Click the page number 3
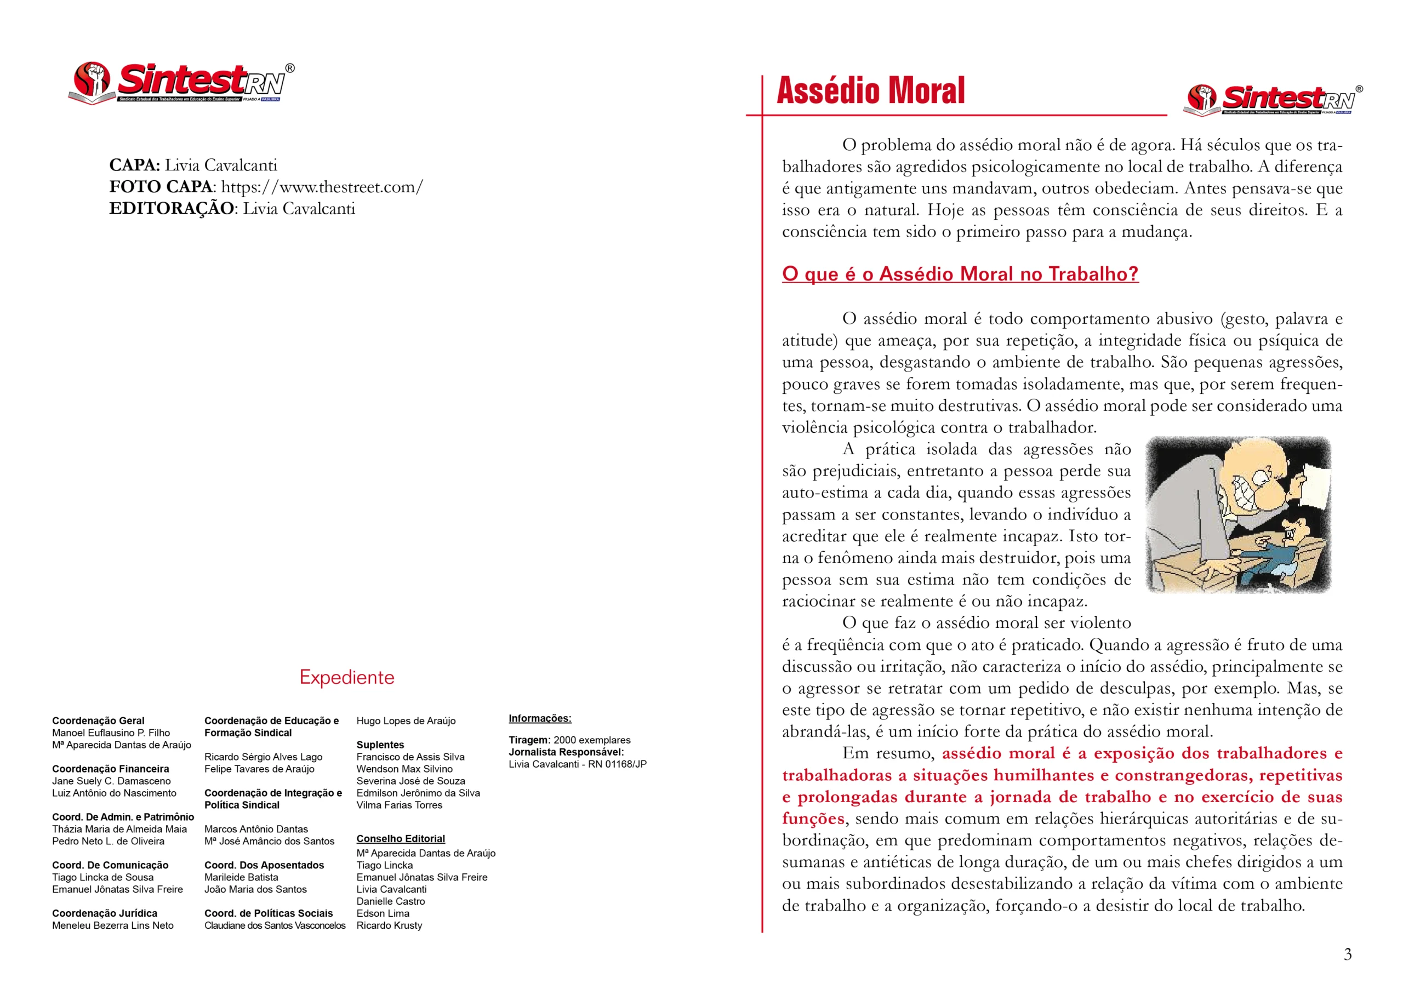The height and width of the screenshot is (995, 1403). click(x=1347, y=954)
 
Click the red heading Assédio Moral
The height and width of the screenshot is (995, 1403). click(x=871, y=90)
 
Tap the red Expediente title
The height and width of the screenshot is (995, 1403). click(x=347, y=677)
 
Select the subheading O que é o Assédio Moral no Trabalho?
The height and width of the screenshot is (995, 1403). click(x=960, y=274)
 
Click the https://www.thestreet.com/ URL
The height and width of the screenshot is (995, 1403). click(x=322, y=187)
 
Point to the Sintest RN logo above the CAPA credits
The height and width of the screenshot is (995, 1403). click(x=181, y=83)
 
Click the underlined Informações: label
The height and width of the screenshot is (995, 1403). click(x=540, y=718)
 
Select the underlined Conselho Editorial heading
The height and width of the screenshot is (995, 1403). click(x=401, y=839)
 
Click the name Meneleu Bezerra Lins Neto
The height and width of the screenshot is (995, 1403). click(x=113, y=925)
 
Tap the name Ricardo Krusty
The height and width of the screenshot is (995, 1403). click(x=389, y=925)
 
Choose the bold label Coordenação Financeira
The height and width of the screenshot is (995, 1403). click(x=110, y=769)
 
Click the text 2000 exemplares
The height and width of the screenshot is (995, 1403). click(x=592, y=740)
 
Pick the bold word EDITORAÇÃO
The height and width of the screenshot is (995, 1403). click(x=171, y=209)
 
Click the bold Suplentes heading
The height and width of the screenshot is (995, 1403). click(x=380, y=745)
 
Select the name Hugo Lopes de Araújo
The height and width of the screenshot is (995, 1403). click(x=406, y=720)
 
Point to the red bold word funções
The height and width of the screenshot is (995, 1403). click(x=813, y=819)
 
